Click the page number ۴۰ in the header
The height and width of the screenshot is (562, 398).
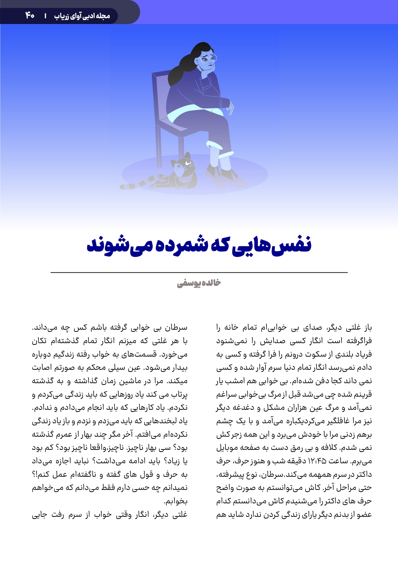coord(30,15)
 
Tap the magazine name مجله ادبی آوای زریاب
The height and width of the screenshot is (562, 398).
coord(82,16)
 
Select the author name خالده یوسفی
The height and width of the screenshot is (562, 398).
coord(199,283)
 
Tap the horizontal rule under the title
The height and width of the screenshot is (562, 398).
coord(199,272)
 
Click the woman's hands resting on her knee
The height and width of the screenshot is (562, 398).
coord(228,106)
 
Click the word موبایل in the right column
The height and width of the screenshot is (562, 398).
coord(227,448)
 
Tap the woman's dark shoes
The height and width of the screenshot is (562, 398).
coord(226,175)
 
